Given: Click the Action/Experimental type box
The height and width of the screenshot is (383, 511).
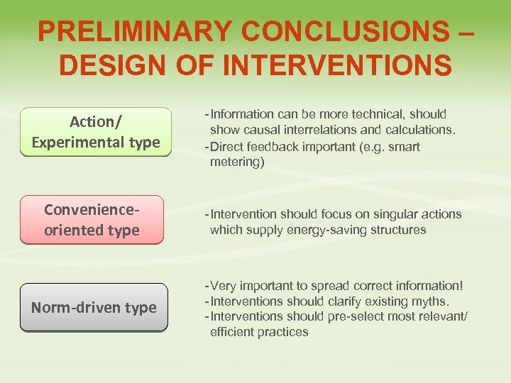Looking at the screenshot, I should [x=96, y=132].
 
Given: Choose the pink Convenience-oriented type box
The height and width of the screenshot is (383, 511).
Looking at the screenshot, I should [x=92, y=220].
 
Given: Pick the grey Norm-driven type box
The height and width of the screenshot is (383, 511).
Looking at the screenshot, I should [x=94, y=308].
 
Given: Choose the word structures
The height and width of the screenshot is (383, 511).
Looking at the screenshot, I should [x=401, y=230].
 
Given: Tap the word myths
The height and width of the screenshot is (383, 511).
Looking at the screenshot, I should [x=433, y=301].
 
